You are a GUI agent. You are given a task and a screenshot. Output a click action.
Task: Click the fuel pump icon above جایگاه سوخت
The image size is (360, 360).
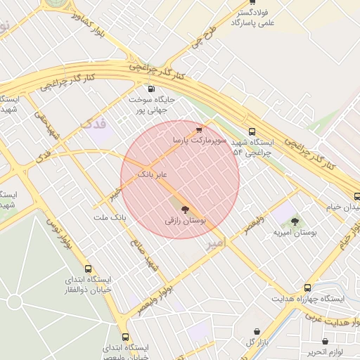pyautogui.click(x=152, y=89)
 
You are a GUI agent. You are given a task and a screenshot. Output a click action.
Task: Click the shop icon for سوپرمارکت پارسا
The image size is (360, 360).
pyautogui.click(x=200, y=130)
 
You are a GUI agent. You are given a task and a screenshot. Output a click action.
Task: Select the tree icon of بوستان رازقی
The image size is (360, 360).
pyautogui.click(x=186, y=210)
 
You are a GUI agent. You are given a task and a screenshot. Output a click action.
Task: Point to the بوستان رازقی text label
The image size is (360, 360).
pyautogui.click(x=185, y=221)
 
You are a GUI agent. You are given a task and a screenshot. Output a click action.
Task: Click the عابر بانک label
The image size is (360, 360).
pyautogui.click(x=152, y=173)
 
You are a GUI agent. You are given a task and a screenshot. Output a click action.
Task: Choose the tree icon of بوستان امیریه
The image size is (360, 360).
pyautogui.click(x=295, y=221)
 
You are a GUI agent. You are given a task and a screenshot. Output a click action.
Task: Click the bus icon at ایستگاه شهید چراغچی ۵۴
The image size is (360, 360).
pyautogui.click(x=252, y=131)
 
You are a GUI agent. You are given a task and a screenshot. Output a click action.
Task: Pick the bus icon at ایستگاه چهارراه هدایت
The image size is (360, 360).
pyautogui.click(x=307, y=288)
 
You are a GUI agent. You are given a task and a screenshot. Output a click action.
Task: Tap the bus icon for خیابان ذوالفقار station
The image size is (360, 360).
pyautogui.click(x=88, y=269)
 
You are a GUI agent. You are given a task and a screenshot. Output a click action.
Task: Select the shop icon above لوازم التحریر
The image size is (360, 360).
pyautogui.click(x=325, y=341)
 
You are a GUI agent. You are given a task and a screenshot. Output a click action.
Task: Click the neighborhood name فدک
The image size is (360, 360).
pyautogui.click(x=94, y=124)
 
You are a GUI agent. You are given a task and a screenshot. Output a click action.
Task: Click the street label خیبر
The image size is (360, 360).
pyautogui.click(x=115, y=192)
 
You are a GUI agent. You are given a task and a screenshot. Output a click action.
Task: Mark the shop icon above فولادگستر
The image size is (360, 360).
pyautogui.click(x=252, y=2)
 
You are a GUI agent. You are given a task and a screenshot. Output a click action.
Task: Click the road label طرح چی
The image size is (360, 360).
pyautogui.click(x=199, y=37)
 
